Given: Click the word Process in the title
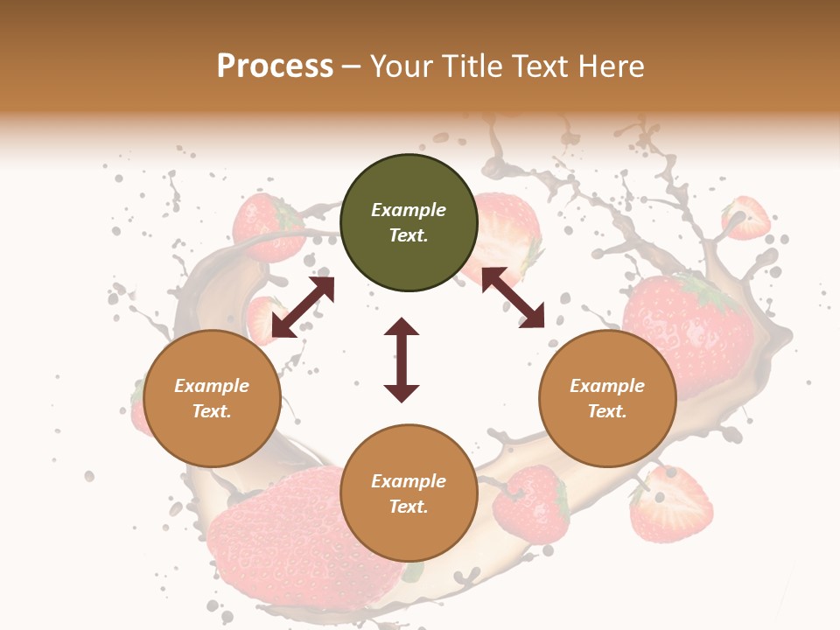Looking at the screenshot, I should (275, 66).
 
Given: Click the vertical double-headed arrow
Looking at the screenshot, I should (402, 360).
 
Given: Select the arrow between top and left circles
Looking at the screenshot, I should (303, 307).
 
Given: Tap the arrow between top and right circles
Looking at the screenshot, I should (513, 297).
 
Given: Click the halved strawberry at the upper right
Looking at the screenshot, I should (746, 218).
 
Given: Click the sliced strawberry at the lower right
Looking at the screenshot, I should (672, 505).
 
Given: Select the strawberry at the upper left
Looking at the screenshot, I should (268, 227).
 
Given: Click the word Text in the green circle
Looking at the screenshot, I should (408, 235).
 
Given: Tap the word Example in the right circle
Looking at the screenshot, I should (607, 386).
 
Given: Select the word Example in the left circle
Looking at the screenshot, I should (212, 386).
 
